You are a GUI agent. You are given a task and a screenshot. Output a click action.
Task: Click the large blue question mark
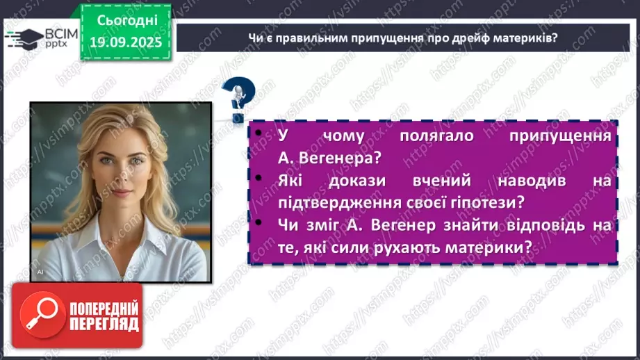[238, 98]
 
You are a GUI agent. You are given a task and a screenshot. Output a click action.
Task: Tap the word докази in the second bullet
[347, 180]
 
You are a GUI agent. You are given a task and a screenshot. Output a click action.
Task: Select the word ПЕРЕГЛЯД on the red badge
[103, 324]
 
